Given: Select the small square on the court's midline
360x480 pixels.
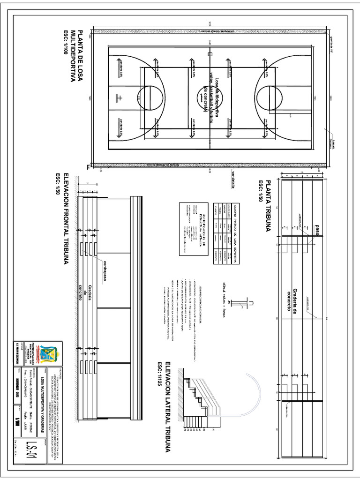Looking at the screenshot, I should (x=210, y=55).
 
